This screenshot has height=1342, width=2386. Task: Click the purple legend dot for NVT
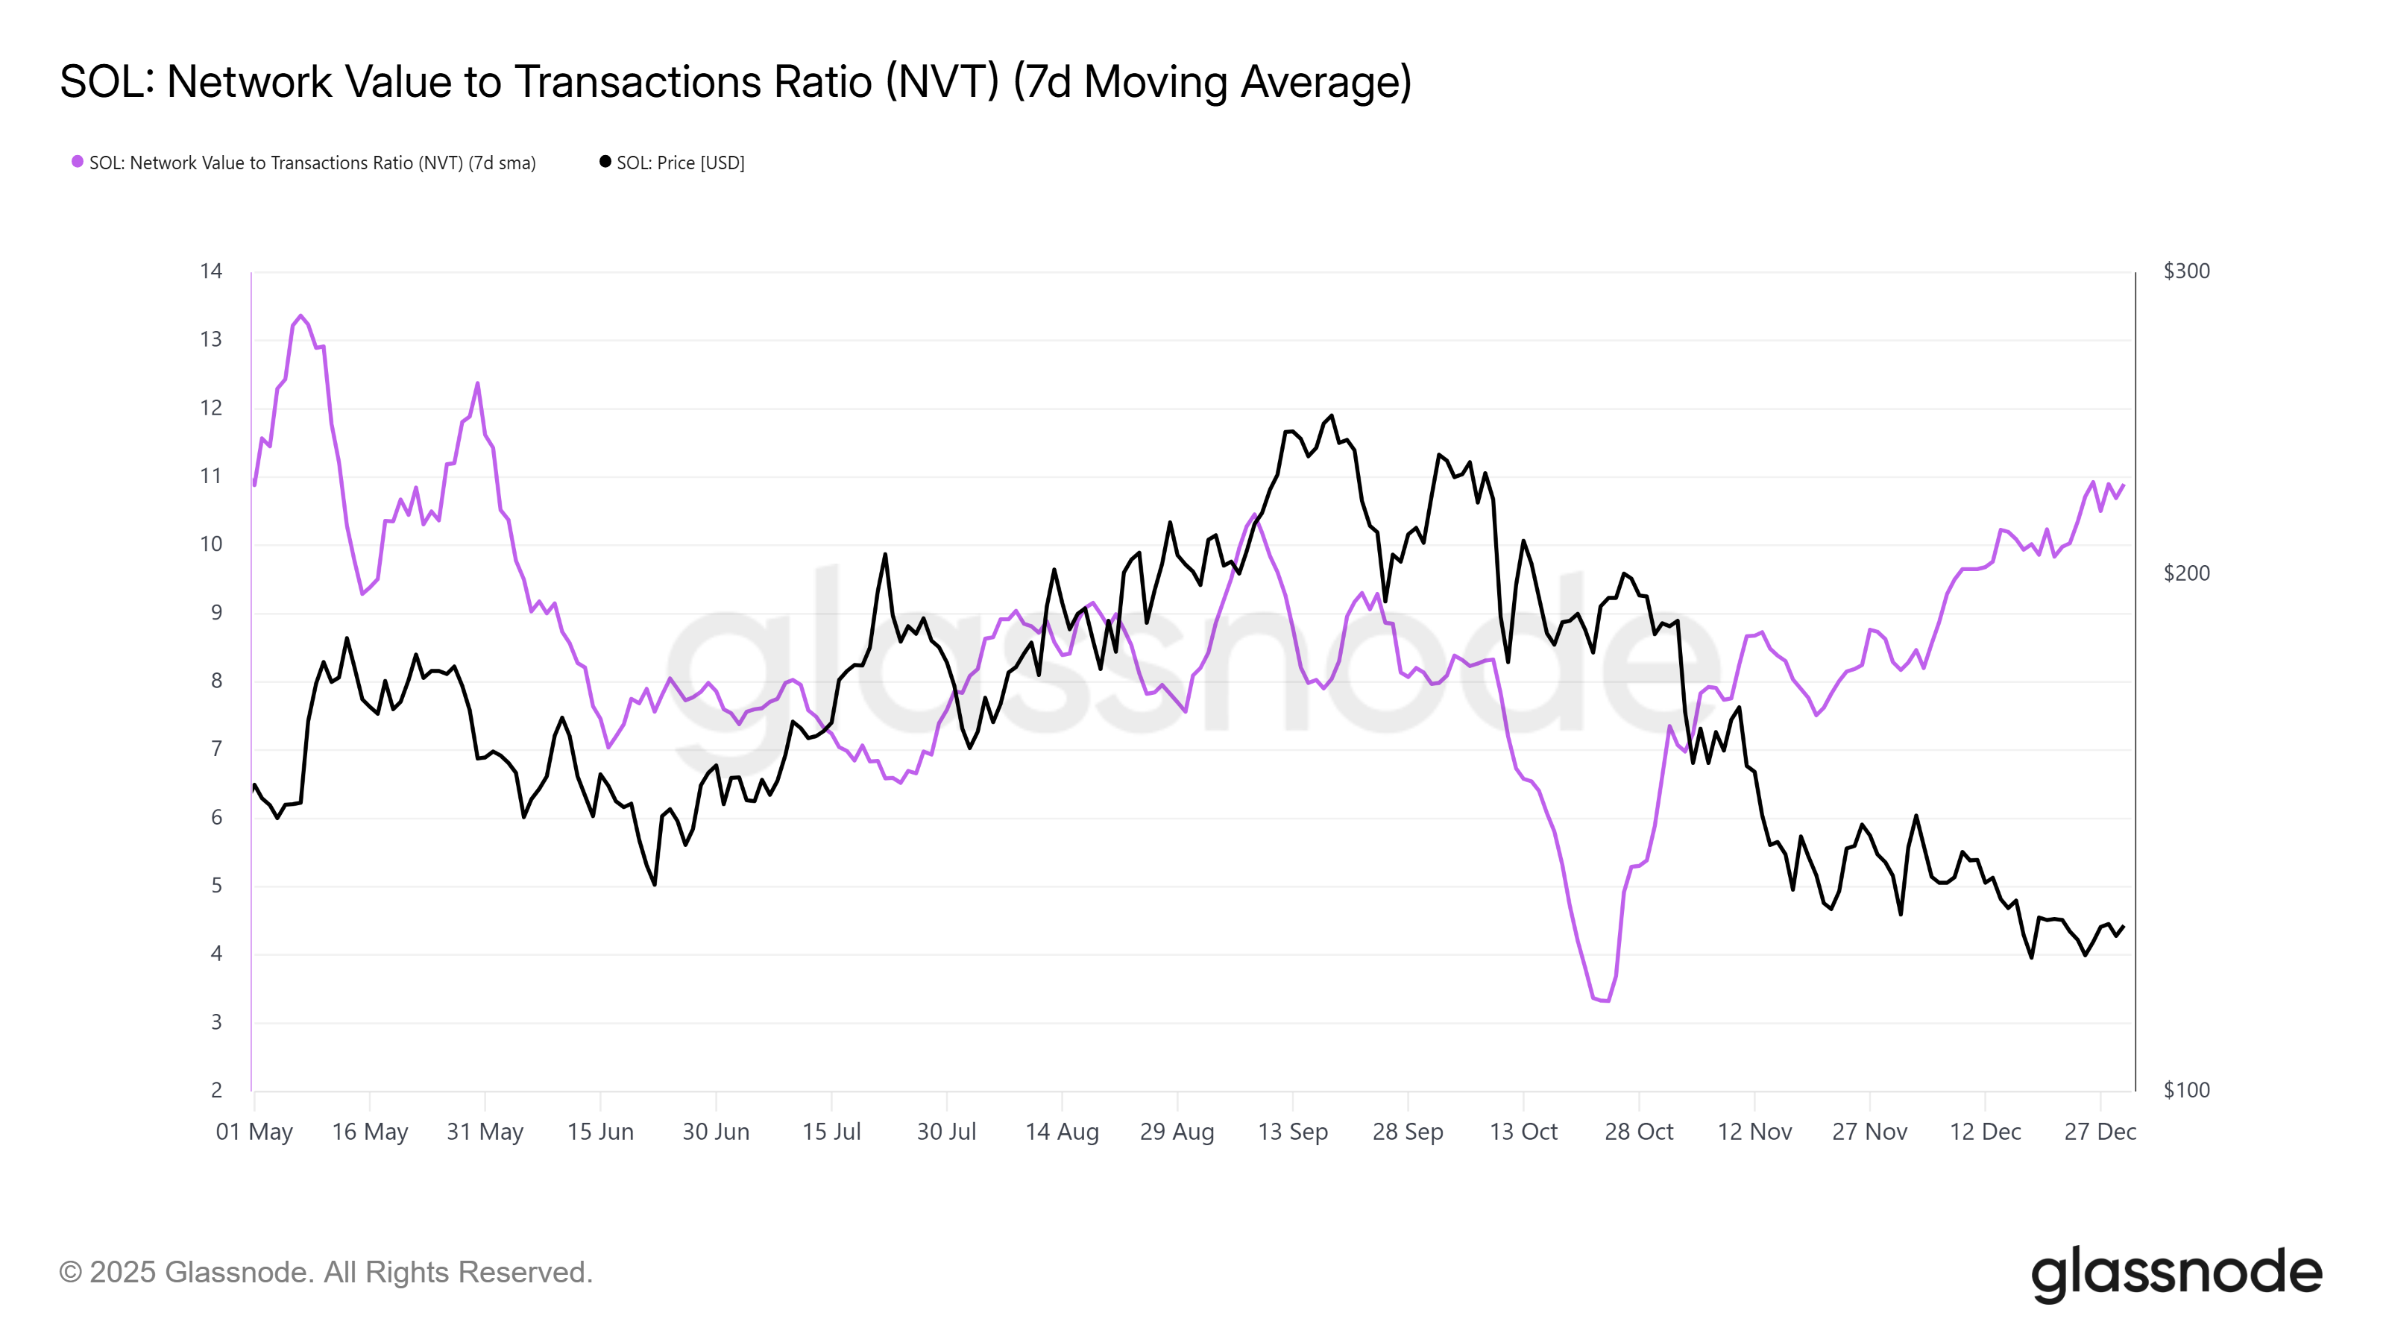click(x=78, y=162)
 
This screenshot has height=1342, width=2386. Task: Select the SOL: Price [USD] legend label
click(x=680, y=163)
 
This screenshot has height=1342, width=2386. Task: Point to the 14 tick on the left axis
click(x=211, y=271)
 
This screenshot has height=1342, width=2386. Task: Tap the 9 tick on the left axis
click(x=215, y=612)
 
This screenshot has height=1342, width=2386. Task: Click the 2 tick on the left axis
click(x=215, y=1090)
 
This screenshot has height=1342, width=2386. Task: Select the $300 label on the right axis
click(x=2186, y=271)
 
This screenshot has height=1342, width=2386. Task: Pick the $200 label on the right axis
click(x=2186, y=573)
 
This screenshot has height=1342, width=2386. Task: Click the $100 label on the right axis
click(x=2186, y=1090)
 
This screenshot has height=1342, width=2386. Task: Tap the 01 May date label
click(x=254, y=1132)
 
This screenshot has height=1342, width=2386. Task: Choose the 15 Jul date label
click(x=831, y=1132)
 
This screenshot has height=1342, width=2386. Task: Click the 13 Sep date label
click(x=1292, y=1132)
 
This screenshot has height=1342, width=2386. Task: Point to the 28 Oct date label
click(x=1639, y=1132)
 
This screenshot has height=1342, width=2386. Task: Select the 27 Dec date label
click(x=2100, y=1132)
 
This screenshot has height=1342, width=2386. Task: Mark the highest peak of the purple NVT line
click(x=300, y=316)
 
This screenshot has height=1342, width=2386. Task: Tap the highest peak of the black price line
click(x=1332, y=416)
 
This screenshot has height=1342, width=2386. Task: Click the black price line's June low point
click(x=655, y=884)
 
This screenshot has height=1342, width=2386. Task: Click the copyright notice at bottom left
click(x=326, y=1273)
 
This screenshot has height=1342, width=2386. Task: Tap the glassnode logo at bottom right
click(x=2176, y=1273)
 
